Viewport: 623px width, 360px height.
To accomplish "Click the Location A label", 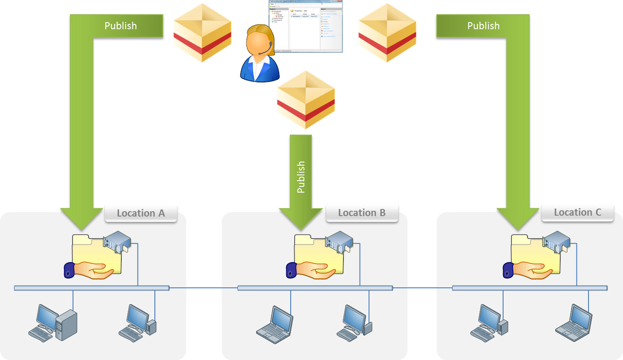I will coord(141,213).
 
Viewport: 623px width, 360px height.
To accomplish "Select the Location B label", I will coord(362,213).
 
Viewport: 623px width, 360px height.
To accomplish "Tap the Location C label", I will coord(577,212).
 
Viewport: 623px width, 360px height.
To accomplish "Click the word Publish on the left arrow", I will coord(120,26).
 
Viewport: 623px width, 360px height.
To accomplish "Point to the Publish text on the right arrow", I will coord(483,26).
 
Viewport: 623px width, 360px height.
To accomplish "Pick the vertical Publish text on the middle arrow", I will coord(301,177).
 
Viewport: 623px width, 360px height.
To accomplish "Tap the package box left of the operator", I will coord(202,33).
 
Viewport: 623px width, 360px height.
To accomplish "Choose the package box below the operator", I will coord(306,100).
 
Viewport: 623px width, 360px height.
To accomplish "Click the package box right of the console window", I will coord(387,33).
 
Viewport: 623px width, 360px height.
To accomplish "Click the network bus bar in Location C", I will coord(530,288).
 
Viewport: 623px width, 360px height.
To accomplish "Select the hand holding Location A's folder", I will coord(88,270).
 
